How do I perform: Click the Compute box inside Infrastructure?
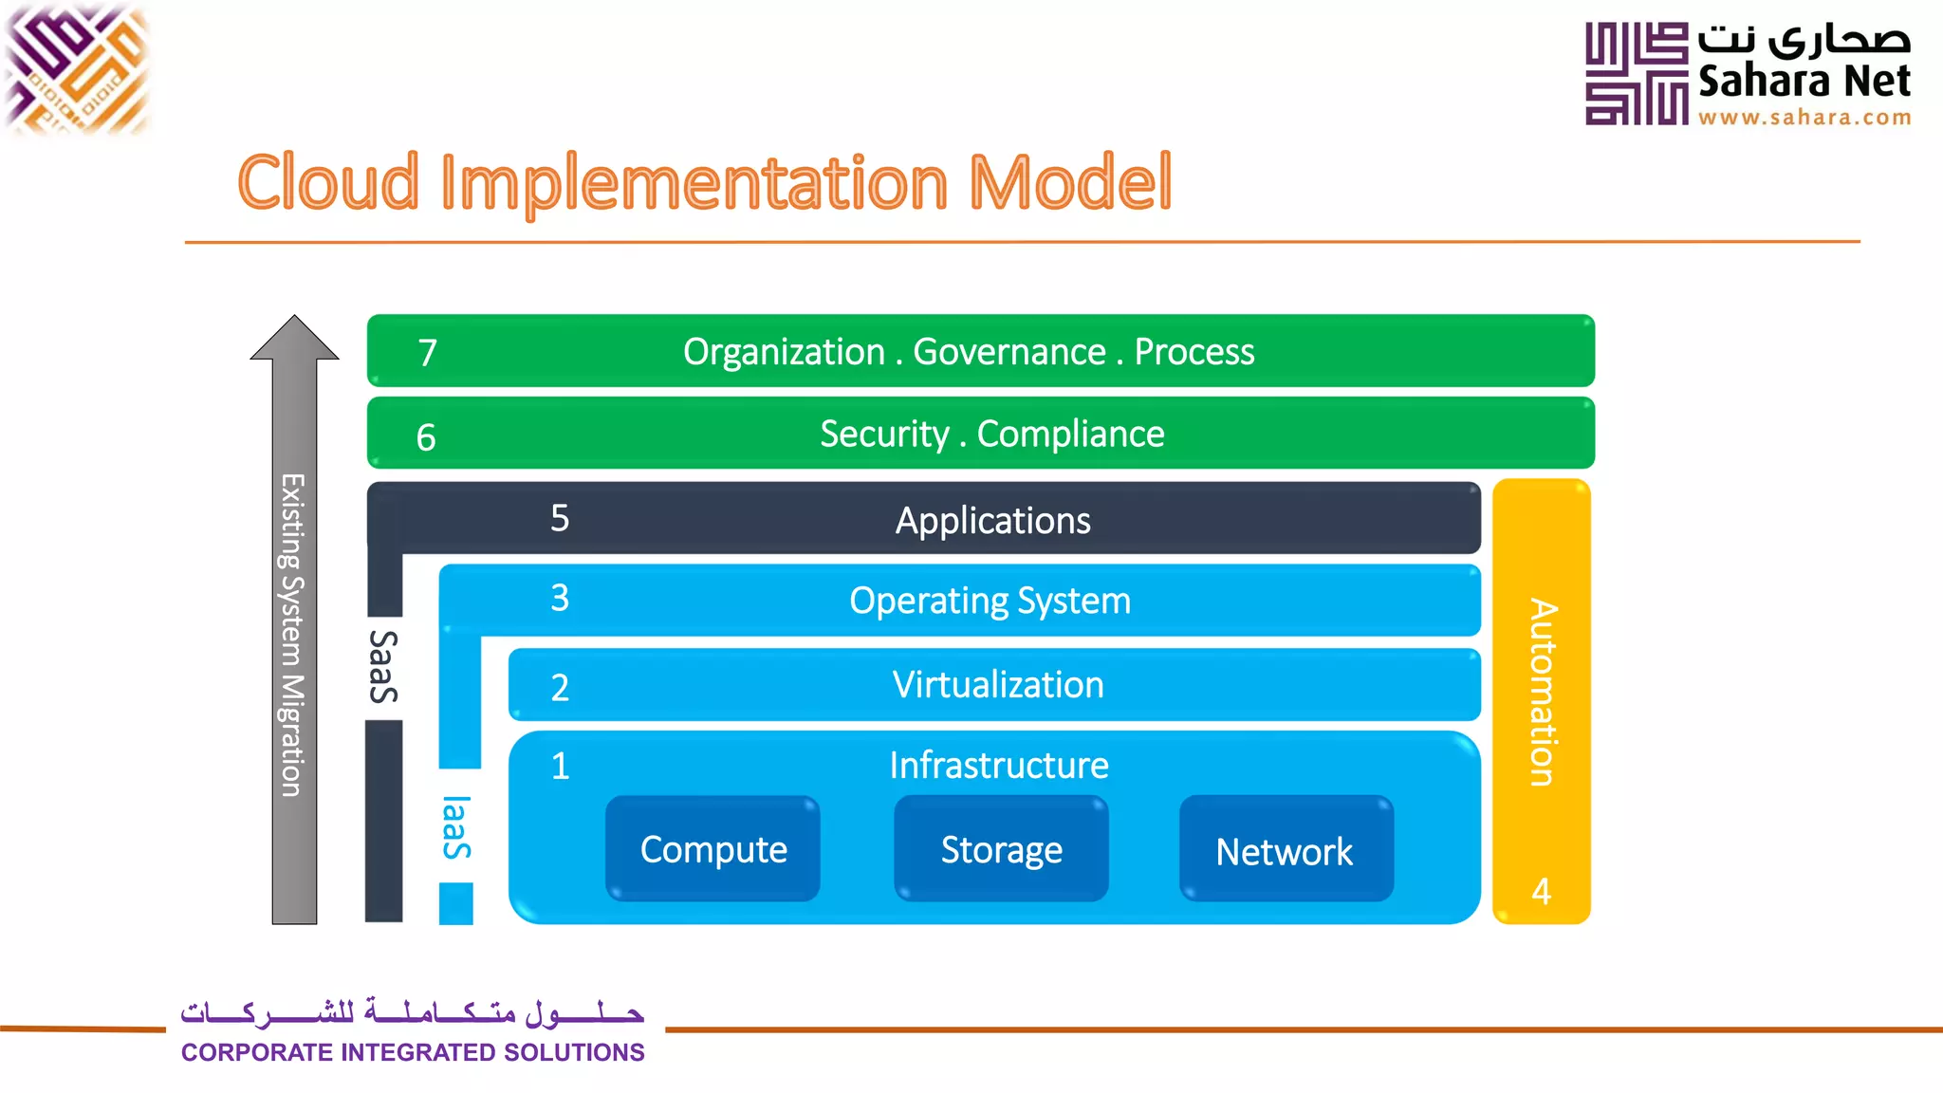click(x=713, y=849)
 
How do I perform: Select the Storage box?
click(x=1001, y=849)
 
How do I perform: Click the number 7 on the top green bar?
click(x=428, y=353)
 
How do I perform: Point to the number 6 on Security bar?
click(x=426, y=437)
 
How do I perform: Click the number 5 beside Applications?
click(x=560, y=518)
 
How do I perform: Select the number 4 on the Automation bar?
click(x=1541, y=891)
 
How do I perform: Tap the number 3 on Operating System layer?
click(x=560, y=598)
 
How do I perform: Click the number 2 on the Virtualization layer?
click(x=560, y=687)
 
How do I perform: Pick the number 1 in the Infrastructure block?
click(x=560, y=766)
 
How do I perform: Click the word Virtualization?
click(x=998, y=685)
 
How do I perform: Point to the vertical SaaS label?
click(x=383, y=666)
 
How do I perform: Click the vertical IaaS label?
click(x=456, y=827)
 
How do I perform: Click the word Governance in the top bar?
click(x=1009, y=352)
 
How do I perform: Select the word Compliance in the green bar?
click(x=1070, y=434)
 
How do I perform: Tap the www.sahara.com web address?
click(x=1804, y=118)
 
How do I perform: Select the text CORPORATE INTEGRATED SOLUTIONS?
click(x=413, y=1052)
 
